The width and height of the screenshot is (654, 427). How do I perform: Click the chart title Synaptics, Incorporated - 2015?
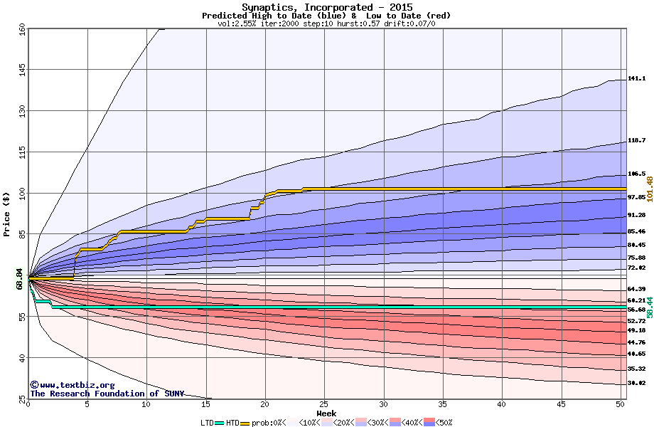[326, 7]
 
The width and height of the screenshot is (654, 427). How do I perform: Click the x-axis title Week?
[326, 413]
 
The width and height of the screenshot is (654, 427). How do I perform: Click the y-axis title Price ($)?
[7, 214]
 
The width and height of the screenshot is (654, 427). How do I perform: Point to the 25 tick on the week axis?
[324, 405]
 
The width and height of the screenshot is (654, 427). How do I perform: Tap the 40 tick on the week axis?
[502, 405]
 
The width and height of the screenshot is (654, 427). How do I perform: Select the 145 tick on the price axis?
[22, 70]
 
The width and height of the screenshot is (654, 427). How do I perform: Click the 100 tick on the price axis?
[22, 192]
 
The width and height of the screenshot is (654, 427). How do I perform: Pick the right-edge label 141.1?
[636, 79]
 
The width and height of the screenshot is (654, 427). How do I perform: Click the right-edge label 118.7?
[636, 141]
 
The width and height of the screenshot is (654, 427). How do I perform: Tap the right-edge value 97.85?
[636, 197]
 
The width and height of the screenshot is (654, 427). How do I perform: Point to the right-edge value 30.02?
[636, 384]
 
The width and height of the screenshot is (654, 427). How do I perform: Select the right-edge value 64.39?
[636, 289]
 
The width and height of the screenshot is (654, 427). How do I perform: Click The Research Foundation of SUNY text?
[104, 394]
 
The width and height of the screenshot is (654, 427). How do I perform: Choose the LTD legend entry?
[208, 423]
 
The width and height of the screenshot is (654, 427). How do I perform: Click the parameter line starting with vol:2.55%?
[326, 23]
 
